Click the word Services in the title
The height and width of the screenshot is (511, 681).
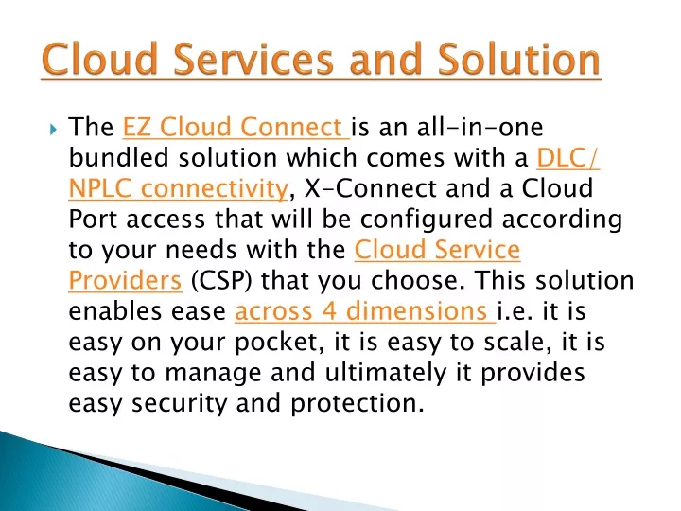[x=253, y=59]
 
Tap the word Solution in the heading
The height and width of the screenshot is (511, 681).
[x=518, y=59]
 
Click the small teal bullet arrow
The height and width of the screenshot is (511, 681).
[x=53, y=129]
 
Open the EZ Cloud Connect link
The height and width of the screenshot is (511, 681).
[x=236, y=127]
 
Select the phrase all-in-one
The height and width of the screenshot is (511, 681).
[x=480, y=127]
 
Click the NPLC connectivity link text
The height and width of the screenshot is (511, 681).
[x=178, y=189]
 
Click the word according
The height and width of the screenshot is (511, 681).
[x=562, y=220]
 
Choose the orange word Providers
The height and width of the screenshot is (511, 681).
[x=125, y=281]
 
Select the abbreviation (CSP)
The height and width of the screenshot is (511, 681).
[x=221, y=281]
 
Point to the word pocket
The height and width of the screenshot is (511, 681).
[x=279, y=343]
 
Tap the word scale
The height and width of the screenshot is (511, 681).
[x=517, y=342]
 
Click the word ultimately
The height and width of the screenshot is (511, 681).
[x=386, y=373]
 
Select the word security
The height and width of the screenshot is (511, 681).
[x=180, y=404]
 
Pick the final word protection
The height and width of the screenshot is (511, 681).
[x=357, y=404]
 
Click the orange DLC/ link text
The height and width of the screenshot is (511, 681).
[x=568, y=158]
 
